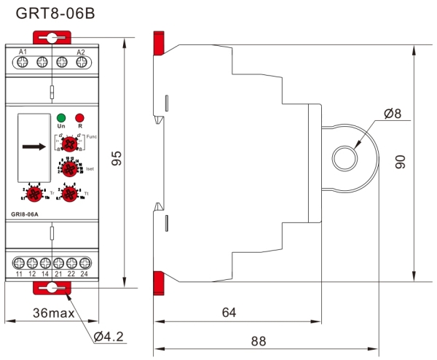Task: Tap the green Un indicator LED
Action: [x=61, y=117]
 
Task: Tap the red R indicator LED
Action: [x=79, y=117]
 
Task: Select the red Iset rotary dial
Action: [x=69, y=169]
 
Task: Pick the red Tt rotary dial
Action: [x=69, y=193]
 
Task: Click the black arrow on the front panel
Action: [x=34, y=146]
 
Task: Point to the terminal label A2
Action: [x=81, y=52]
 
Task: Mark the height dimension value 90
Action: [x=401, y=162]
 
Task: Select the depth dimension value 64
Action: [x=229, y=313]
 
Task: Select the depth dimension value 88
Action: [x=258, y=340]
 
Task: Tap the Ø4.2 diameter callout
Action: [x=110, y=337]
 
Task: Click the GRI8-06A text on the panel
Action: [x=25, y=215]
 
